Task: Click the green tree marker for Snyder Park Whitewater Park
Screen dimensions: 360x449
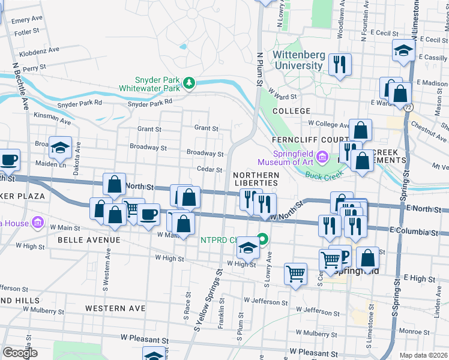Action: pos(190,82)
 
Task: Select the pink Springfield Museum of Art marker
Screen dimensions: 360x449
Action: pos(322,157)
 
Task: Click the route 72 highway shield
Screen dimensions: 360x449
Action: pos(408,107)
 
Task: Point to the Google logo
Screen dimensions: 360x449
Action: pos(20,353)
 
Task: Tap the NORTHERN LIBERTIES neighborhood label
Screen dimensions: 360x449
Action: pos(255,178)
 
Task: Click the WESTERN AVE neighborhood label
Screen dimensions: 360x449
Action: pos(115,308)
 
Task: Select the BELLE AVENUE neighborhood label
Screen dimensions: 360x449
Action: pos(89,240)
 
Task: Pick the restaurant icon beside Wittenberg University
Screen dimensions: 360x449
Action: pos(341,64)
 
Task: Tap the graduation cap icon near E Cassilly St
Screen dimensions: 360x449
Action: pos(404,51)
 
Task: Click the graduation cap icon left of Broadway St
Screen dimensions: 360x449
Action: pos(60,148)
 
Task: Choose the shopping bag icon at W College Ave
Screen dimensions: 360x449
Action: pos(361,130)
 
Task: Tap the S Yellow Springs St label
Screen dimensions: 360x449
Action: pos(208,300)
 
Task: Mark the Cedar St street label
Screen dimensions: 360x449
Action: pos(209,170)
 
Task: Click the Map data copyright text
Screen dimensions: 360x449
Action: pos(423,355)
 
